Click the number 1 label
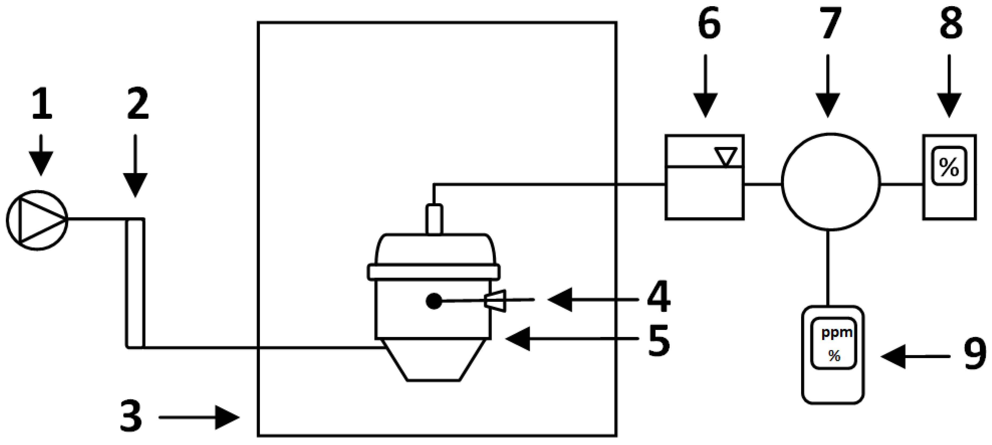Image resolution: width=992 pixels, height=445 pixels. tap(42, 103)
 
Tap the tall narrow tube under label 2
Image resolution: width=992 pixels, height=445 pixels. tap(135, 283)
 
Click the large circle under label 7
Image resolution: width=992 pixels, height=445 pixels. tap(831, 182)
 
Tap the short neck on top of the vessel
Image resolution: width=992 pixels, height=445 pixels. tap(434, 219)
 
